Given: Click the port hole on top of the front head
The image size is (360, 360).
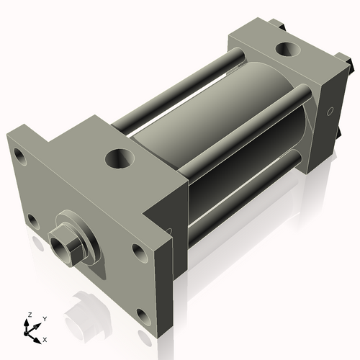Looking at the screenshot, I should [117, 157].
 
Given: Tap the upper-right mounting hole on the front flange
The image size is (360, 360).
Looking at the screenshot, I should [138, 252].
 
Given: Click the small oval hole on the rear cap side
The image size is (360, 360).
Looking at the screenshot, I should [330, 112].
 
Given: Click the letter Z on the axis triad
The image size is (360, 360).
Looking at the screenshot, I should [30, 315].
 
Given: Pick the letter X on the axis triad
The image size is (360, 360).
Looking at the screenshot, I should [45, 338].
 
